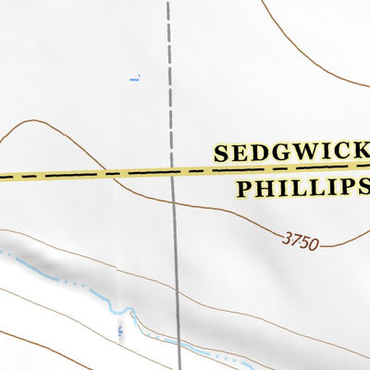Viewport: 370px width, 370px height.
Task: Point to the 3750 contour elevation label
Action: pyautogui.click(x=300, y=243)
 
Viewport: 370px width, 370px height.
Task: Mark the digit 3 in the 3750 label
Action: pyautogui.click(x=286, y=240)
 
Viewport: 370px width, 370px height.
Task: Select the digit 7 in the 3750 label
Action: pyautogui.click(x=295, y=242)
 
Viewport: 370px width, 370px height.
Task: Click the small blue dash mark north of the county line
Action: pyautogui.click(x=133, y=79)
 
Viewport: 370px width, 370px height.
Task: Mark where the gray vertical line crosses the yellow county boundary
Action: pyautogui.click(x=172, y=171)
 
